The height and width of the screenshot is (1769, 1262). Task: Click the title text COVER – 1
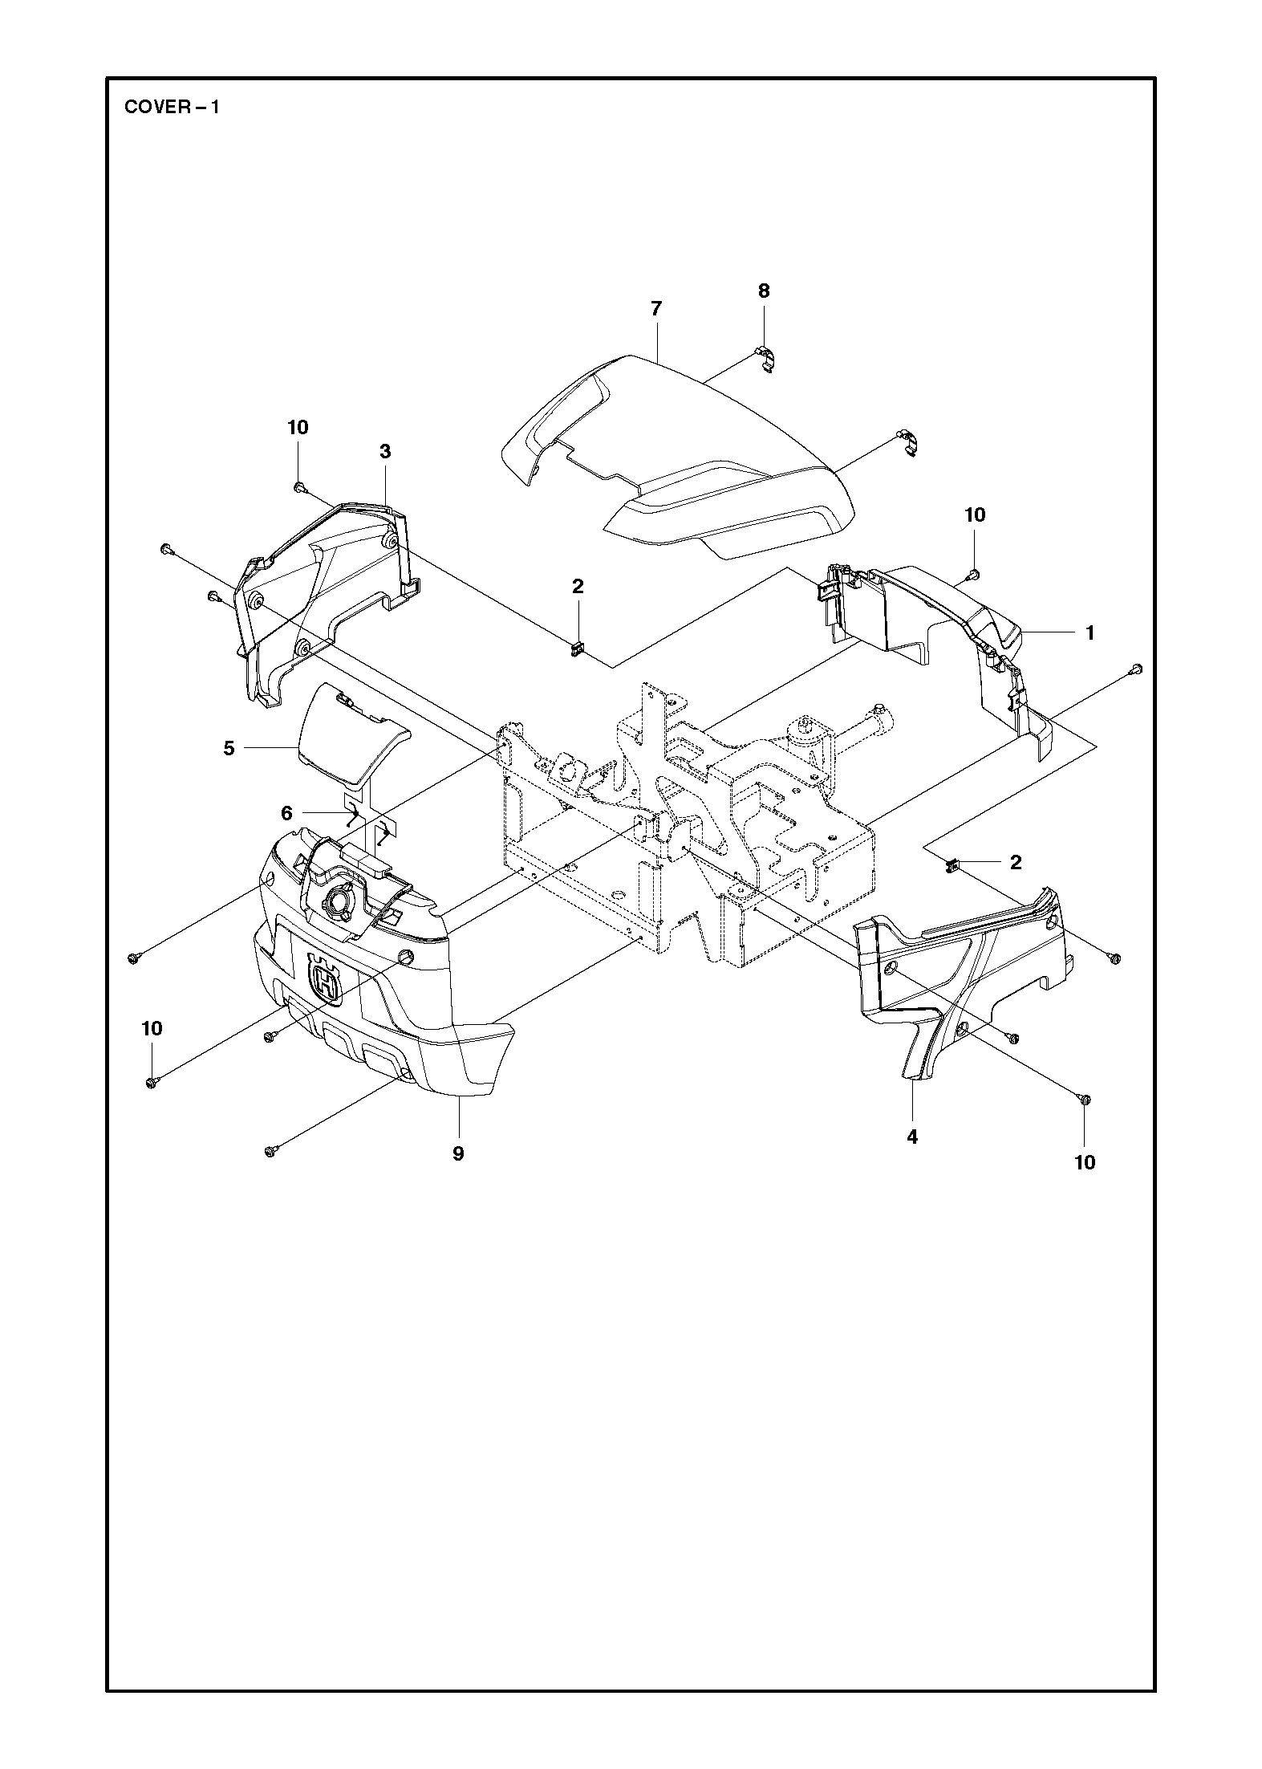tap(172, 108)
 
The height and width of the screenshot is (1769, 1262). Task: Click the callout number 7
tap(656, 308)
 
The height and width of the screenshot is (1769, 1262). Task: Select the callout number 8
tap(764, 291)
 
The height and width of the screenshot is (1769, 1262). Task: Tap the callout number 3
tap(385, 451)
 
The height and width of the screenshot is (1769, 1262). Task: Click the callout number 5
tap(286, 813)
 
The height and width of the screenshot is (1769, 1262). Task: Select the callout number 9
tap(458, 1153)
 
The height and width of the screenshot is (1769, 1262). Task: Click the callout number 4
tap(912, 1137)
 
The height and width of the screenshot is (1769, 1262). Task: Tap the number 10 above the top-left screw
tap(298, 428)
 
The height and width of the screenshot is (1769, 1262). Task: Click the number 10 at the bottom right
tap(1085, 1161)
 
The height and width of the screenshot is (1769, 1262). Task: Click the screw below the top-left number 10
tap(298, 486)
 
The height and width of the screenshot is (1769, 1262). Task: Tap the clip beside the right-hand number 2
tap(954, 865)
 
